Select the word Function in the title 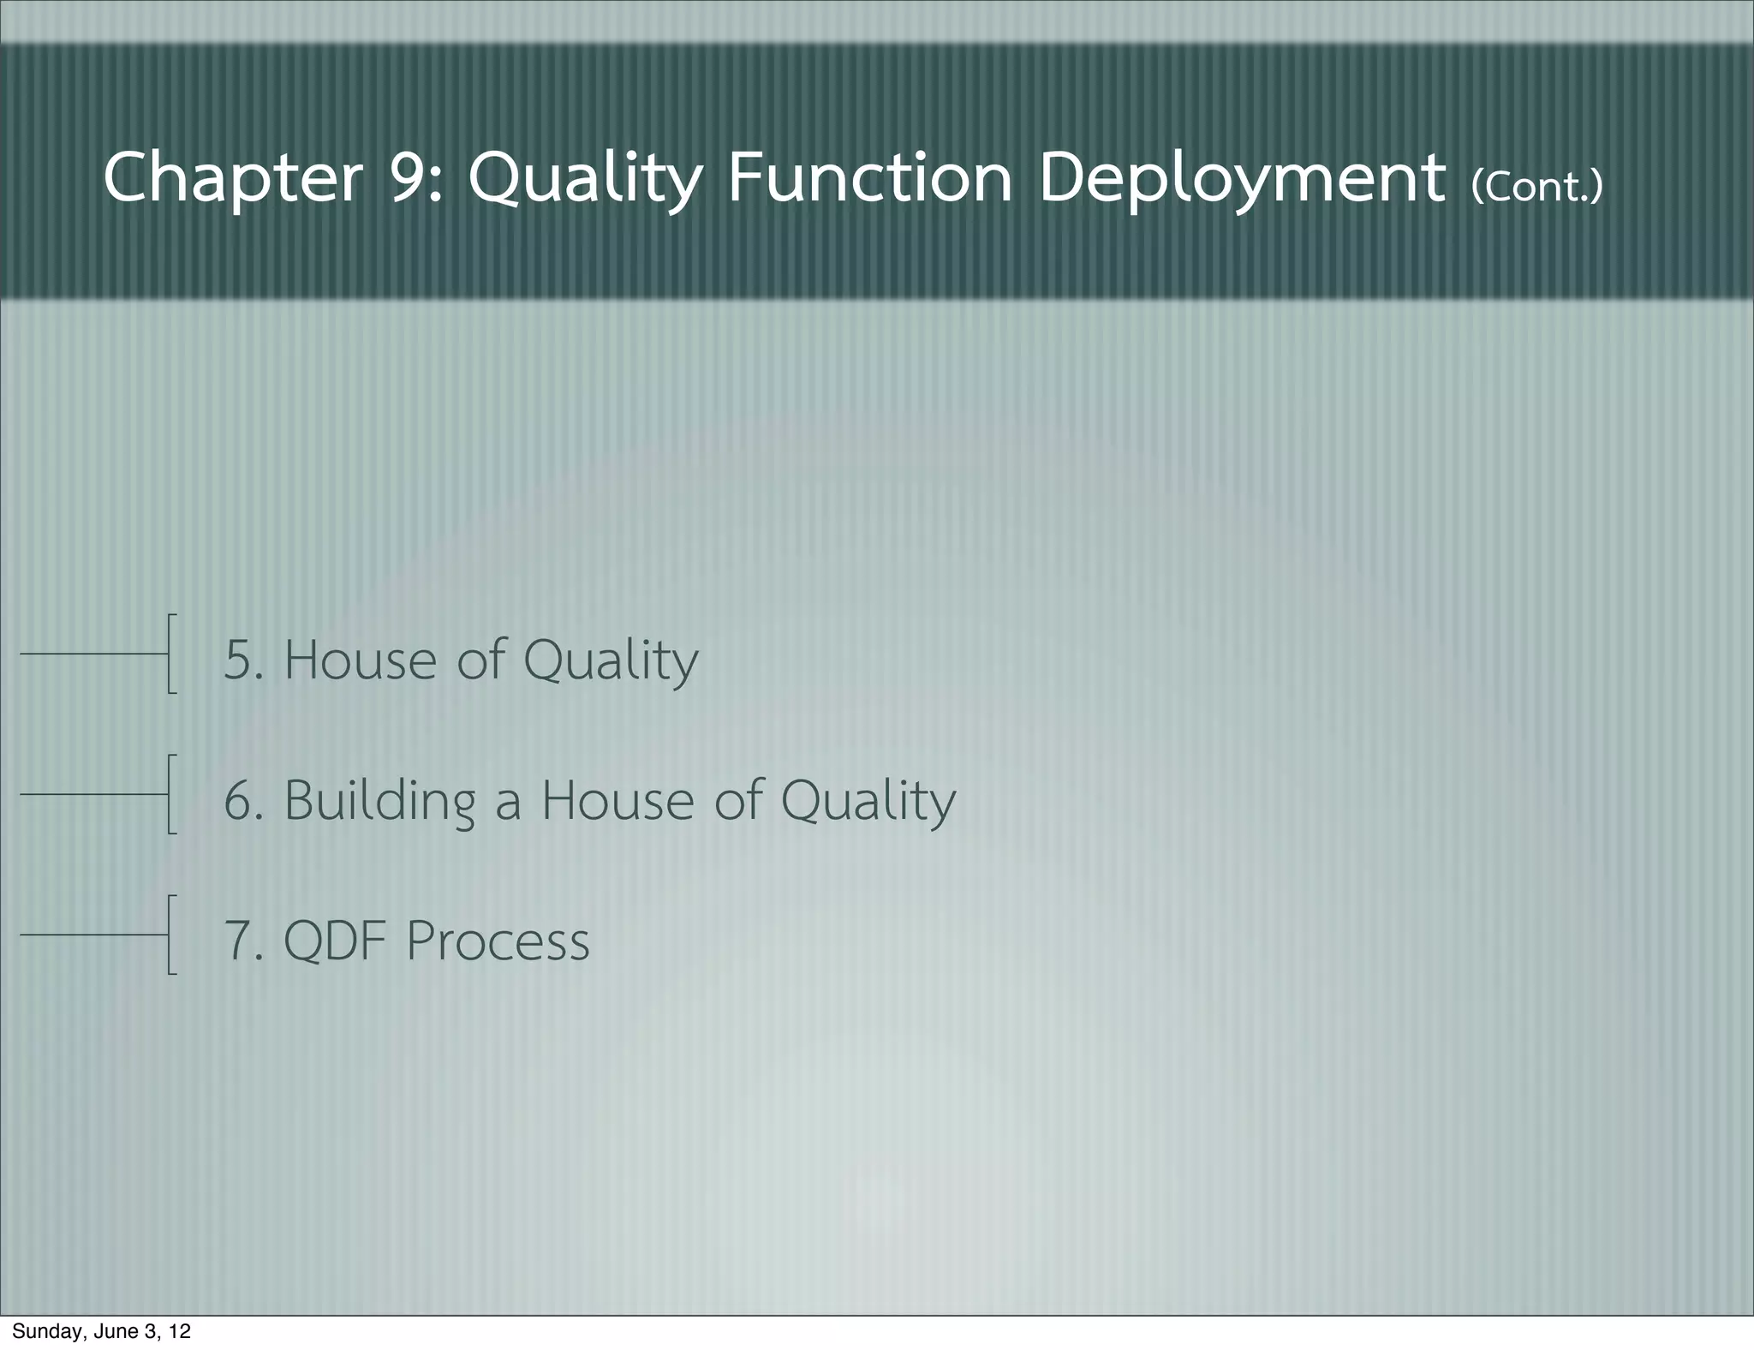tap(869, 178)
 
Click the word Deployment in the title tap(1242, 178)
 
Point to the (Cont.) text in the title tap(1536, 185)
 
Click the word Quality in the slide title tap(585, 178)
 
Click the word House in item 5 tap(361, 660)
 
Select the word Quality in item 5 tap(611, 660)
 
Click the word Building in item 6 tap(379, 801)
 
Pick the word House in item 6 tap(617, 801)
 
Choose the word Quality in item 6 tap(868, 801)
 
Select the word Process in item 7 tap(498, 941)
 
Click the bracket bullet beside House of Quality tap(170, 653)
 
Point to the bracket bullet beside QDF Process tap(170, 935)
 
